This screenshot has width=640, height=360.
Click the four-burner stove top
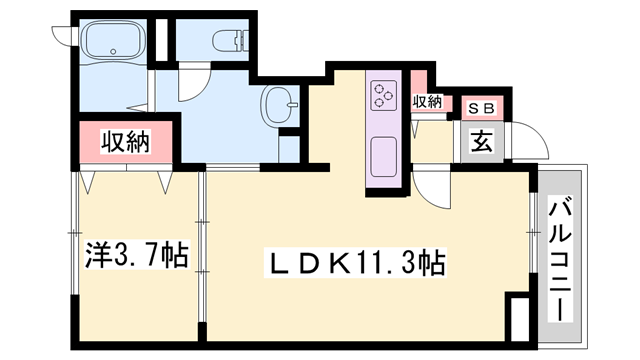384,96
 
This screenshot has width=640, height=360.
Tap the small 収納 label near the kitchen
427,101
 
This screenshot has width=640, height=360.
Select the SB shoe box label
481,106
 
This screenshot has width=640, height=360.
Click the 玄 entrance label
481,141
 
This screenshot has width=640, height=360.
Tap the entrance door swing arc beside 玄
524,140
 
